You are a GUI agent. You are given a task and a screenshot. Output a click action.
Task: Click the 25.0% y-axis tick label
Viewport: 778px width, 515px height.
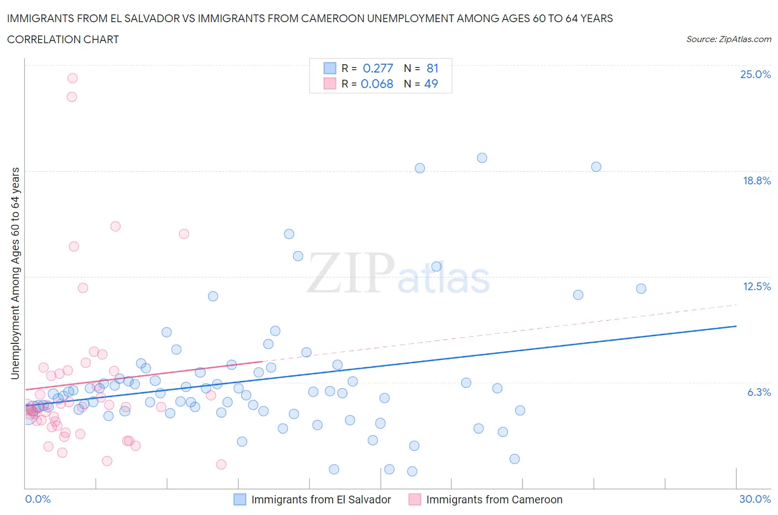pos(755,75)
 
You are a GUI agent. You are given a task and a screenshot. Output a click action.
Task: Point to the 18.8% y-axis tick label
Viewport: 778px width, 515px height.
pos(756,181)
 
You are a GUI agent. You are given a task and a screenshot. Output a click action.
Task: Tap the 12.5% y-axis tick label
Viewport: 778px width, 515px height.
pos(756,286)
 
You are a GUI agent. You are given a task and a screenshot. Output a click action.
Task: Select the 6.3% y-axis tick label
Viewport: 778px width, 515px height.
pos(759,392)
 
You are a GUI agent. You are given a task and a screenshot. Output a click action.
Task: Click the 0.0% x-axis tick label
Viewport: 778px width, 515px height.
pos(38,499)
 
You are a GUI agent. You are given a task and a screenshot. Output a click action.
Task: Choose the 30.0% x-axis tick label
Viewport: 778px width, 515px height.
pos(755,499)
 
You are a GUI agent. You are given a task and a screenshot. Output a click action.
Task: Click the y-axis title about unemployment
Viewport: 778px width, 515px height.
pos(15,273)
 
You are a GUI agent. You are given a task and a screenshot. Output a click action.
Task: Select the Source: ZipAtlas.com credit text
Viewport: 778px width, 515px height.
pos(728,39)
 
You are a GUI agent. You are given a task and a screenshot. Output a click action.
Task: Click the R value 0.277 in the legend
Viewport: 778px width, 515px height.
pos(377,68)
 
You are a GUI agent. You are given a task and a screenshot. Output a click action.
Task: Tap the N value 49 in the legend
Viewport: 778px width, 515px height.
pos(431,84)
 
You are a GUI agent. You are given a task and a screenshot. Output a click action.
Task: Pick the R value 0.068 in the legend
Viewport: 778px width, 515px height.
pos(377,84)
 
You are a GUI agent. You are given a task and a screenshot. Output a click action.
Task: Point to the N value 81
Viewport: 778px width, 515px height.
pos(432,68)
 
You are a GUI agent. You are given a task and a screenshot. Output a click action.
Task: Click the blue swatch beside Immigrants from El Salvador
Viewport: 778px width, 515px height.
pos(240,499)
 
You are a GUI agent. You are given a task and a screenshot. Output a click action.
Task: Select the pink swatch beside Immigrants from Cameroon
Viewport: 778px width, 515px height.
pos(414,499)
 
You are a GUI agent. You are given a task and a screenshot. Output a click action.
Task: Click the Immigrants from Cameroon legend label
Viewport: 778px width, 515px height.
pos(494,499)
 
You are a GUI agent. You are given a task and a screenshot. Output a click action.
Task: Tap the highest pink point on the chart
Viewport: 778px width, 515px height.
pos(72,78)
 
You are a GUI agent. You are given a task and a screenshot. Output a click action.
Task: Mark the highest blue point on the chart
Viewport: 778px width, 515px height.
pos(482,158)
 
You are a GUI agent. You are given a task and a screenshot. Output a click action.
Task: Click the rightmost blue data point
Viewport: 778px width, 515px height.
pos(641,289)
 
